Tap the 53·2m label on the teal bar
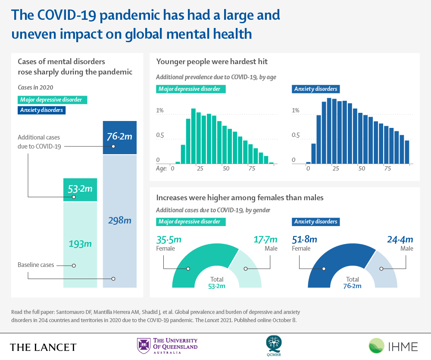point(80,188)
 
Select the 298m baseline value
point(119,220)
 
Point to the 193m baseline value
point(80,243)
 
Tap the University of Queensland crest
point(143,346)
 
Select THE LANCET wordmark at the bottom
point(43,347)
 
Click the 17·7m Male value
point(265,239)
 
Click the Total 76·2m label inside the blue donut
point(352,282)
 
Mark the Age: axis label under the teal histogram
point(161,168)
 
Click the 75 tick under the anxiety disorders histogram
point(387,168)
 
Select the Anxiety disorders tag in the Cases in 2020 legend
point(41,110)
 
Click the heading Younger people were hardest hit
point(212,62)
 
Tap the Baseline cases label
point(36,264)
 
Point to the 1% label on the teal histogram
point(159,111)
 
